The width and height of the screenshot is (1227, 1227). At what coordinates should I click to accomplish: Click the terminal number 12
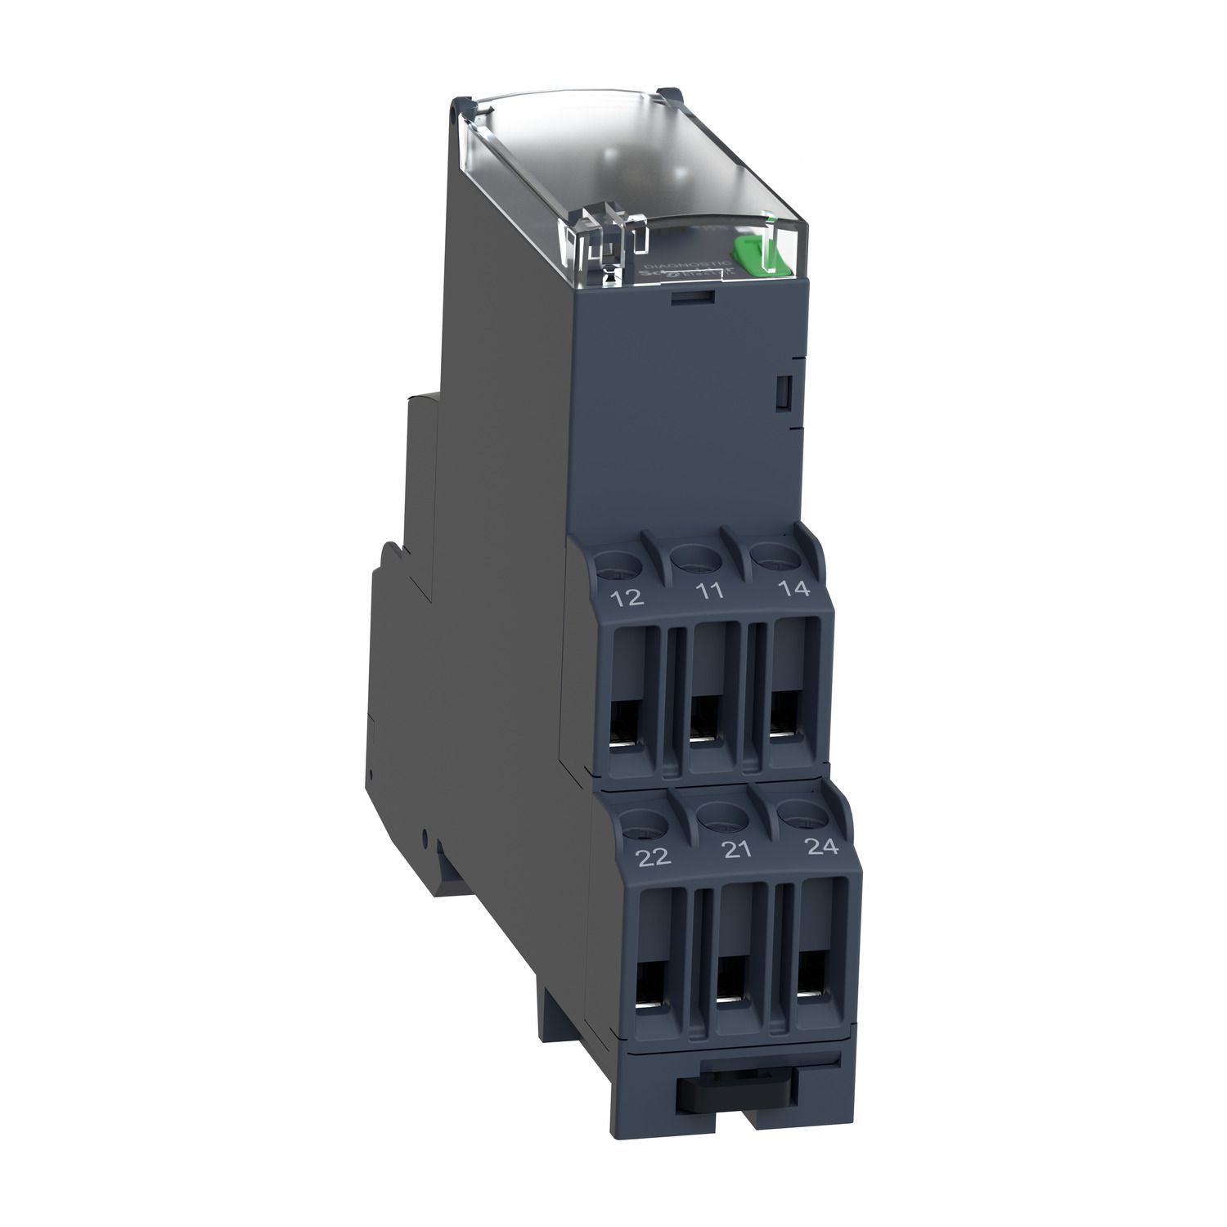coord(627,599)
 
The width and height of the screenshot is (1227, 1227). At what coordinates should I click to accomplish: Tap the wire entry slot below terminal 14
coord(785,714)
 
